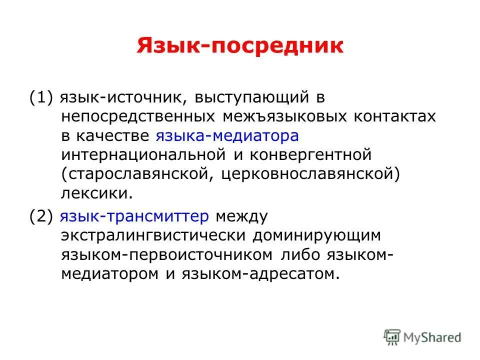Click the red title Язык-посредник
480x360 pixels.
[x=240, y=46]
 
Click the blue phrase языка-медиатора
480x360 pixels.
[x=227, y=135]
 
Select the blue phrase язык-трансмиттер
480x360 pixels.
[x=134, y=216]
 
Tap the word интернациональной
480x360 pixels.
[x=145, y=154]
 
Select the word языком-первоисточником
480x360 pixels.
[x=167, y=254]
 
